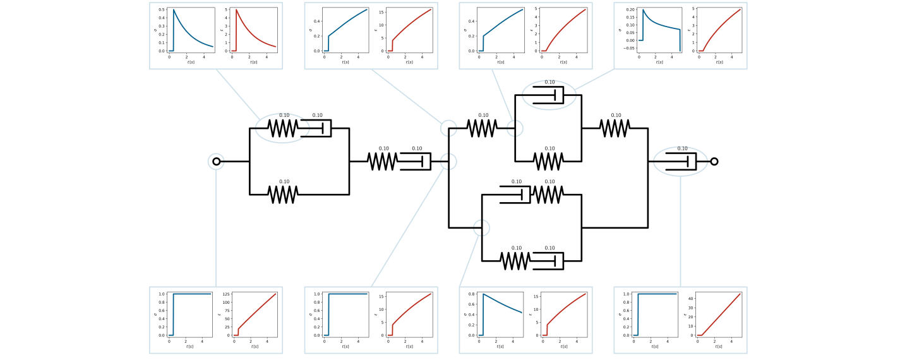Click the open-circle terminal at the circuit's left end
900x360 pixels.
(x=217, y=162)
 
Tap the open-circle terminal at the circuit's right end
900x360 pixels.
(x=714, y=162)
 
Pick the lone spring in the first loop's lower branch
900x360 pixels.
(x=284, y=195)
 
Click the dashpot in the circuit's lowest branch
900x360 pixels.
(x=549, y=261)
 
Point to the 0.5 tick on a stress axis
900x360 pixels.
(x=162, y=10)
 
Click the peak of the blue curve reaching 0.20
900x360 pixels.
(x=643, y=10)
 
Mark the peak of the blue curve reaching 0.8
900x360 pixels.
(x=483, y=294)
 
